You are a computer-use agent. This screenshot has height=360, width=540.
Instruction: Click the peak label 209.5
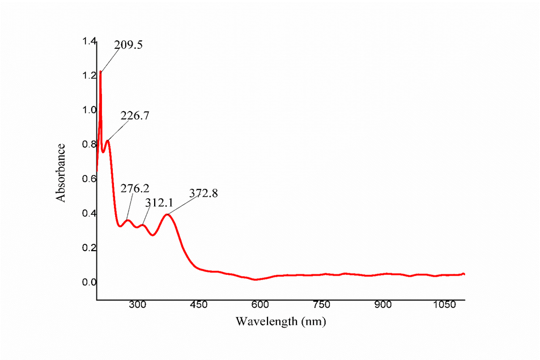(x=128, y=45)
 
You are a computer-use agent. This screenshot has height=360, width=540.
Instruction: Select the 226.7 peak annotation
(x=135, y=116)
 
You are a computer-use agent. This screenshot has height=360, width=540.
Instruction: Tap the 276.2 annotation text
(x=135, y=188)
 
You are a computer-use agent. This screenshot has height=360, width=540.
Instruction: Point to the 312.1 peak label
(x=159, y=202)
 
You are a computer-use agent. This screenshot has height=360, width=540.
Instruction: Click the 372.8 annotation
(x=203, y=193)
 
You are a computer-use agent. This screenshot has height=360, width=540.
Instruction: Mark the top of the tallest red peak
(x=100, y=71)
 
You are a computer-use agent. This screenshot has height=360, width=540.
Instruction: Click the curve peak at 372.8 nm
(x=167, y=215)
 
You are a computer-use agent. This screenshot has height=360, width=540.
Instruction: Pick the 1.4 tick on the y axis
(x=89, y=41)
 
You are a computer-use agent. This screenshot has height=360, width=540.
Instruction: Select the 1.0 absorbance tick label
(x=89, y=110)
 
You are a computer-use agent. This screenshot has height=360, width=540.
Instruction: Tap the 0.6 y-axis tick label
(x=89, y=179)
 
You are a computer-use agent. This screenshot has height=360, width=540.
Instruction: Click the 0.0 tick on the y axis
(x=89, y=282)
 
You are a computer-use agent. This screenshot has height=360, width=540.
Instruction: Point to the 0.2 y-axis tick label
(x=89, y=248)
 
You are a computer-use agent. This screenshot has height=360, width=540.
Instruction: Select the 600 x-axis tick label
(x=260, y=304)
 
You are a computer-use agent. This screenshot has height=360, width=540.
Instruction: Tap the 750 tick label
(x=322, y=304)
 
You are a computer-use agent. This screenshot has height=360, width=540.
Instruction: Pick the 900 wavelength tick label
(x=383, y=304)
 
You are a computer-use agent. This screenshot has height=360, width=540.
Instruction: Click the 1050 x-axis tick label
(x=444, y=304)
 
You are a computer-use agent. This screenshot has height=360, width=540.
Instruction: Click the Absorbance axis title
(x=61, y=173)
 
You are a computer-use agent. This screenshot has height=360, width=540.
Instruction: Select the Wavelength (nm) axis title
(x=280, y=321)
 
